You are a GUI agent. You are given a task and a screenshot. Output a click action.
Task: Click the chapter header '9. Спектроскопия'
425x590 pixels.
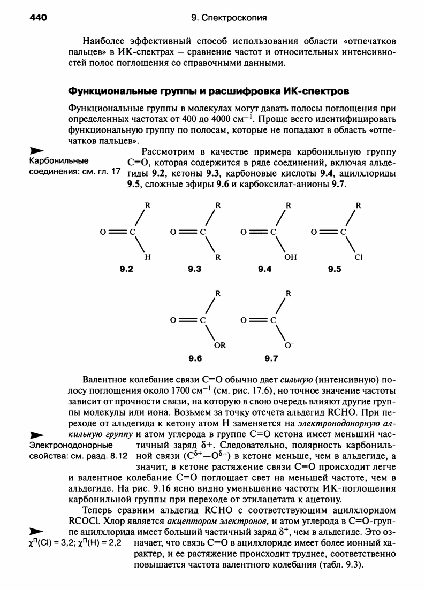coord(229,18)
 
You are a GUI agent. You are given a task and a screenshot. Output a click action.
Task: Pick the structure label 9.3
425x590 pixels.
coord(194,270)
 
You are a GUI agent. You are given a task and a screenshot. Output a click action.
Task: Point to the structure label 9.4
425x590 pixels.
coord(265,270)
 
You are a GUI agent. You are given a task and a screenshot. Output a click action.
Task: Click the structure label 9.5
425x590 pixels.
coord(335,270)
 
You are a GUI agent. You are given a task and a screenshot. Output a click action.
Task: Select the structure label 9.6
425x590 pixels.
coord(194,357)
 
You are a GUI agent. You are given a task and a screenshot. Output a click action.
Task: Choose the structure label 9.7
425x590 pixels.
coord(265,357)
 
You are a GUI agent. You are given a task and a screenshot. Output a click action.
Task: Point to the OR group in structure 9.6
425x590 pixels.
coord(220,345)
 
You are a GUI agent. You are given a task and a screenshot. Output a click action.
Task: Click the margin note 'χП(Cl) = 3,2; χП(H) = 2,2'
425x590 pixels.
coord(76,543)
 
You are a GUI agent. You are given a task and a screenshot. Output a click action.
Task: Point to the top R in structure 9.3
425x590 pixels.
coord(218,205)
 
